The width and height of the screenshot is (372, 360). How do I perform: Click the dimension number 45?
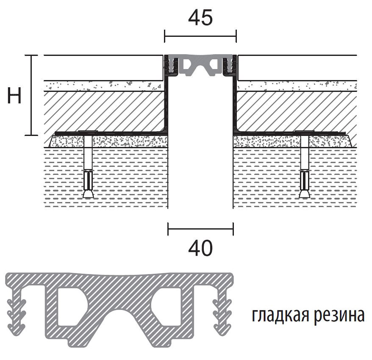pos(200,18)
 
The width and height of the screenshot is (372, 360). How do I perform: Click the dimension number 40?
pos(200,248)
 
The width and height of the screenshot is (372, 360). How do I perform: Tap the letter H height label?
pos(14,95)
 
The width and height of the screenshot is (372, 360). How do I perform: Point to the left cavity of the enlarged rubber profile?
pos(69,306)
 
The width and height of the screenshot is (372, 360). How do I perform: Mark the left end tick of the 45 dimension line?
pos(165,36)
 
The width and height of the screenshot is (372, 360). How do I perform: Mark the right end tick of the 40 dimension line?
pos(233,229)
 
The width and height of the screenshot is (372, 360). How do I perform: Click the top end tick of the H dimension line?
pos(31,55)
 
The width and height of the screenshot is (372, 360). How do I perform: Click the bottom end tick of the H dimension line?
pos(31,135)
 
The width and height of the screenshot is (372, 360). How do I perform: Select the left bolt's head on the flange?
pos(88,131)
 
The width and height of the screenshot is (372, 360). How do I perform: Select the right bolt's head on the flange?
pos(305,131)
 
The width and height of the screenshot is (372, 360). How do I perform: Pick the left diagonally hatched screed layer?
pos(104,111)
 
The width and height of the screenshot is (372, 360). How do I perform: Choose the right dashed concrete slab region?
pos(295,178)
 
